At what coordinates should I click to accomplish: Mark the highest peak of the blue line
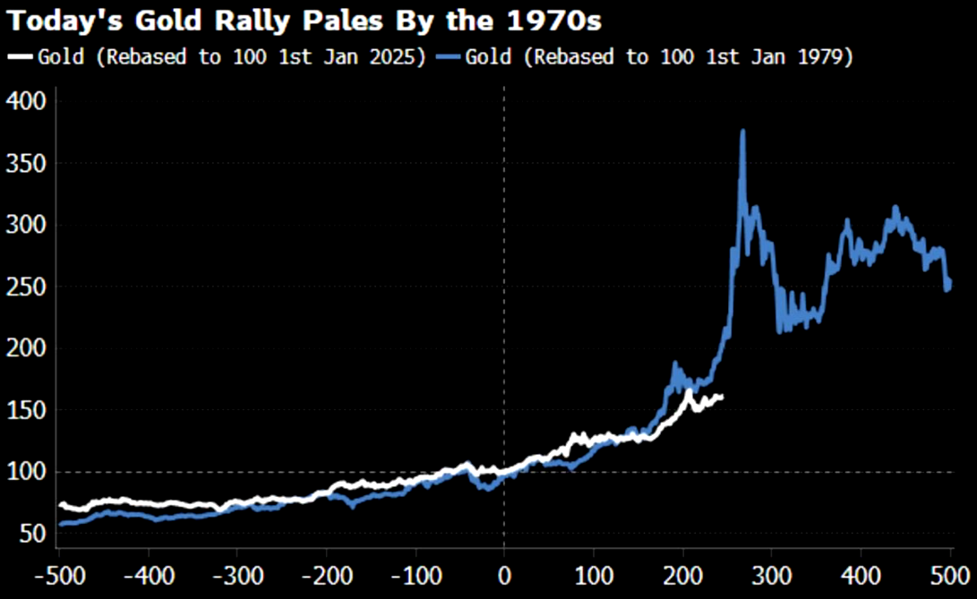(742, 132)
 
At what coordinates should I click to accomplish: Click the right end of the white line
(722, 397)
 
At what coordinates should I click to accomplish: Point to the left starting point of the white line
(60, 505)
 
